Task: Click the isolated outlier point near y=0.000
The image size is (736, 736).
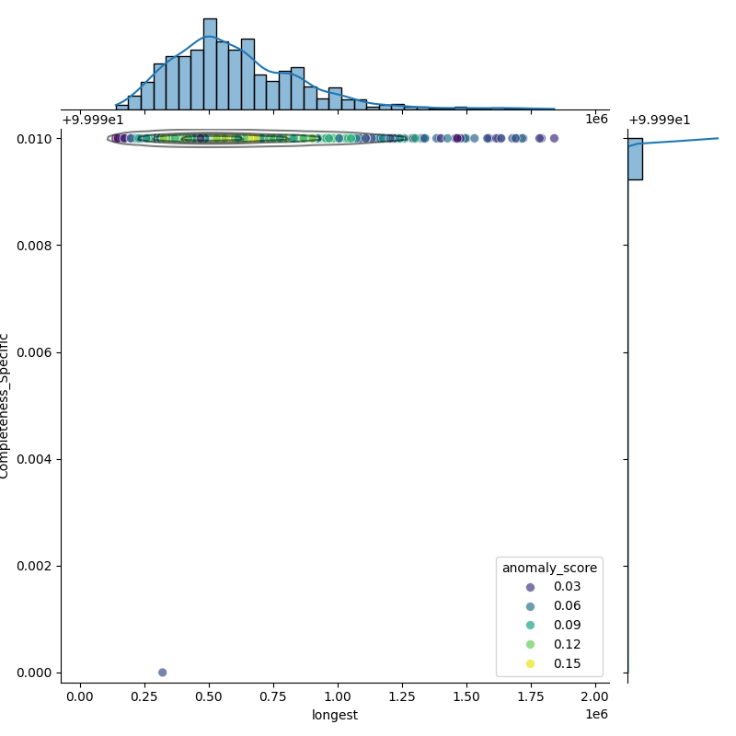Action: (163, 673)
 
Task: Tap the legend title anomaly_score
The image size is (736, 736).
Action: (549, 568)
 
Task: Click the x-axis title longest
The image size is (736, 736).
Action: (335, 715)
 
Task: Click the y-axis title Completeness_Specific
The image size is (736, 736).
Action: (6, 405)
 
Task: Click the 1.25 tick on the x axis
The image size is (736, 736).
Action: (402, 696)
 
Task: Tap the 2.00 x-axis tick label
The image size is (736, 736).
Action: (595, 696)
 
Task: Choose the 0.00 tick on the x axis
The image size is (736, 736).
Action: (80, 696)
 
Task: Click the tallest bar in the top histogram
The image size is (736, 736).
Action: (210, 64)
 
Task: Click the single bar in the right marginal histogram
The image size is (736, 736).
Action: (635, 158)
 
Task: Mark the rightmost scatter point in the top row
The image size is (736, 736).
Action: (554, 138)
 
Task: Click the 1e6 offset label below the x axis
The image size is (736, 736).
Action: (596, 715)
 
